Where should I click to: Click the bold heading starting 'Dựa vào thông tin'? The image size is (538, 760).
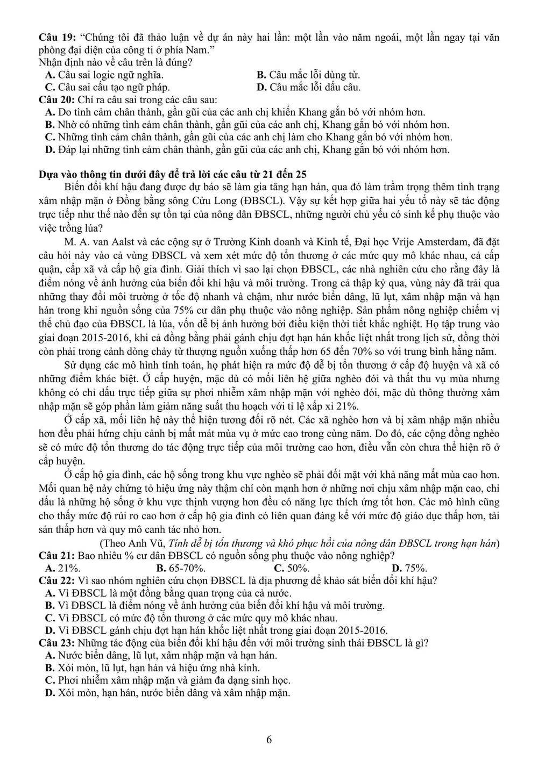pyautogui.click(x=173, y=174)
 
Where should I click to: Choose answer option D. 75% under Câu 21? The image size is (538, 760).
pyautogui.click(x=409, y=568)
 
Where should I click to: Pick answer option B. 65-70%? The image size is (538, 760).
pyautogui.click(x=181, y=568)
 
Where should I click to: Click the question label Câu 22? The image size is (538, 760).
pyautogui.click(x=55, y=580)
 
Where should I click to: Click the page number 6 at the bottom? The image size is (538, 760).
pyautogui.click(x=269, y=740)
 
